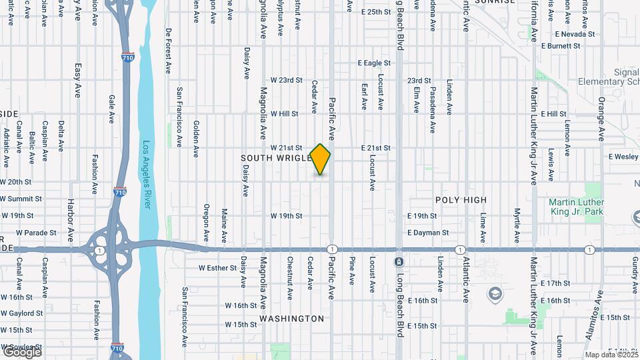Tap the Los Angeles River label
147,174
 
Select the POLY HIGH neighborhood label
461,200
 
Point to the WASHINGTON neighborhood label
292,319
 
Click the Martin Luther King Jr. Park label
576,207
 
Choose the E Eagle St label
373,63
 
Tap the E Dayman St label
428,233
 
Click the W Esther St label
217,268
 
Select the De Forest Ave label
169,50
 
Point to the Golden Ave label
196,139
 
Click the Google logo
21,351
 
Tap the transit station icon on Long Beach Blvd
398,261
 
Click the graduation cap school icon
495,293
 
